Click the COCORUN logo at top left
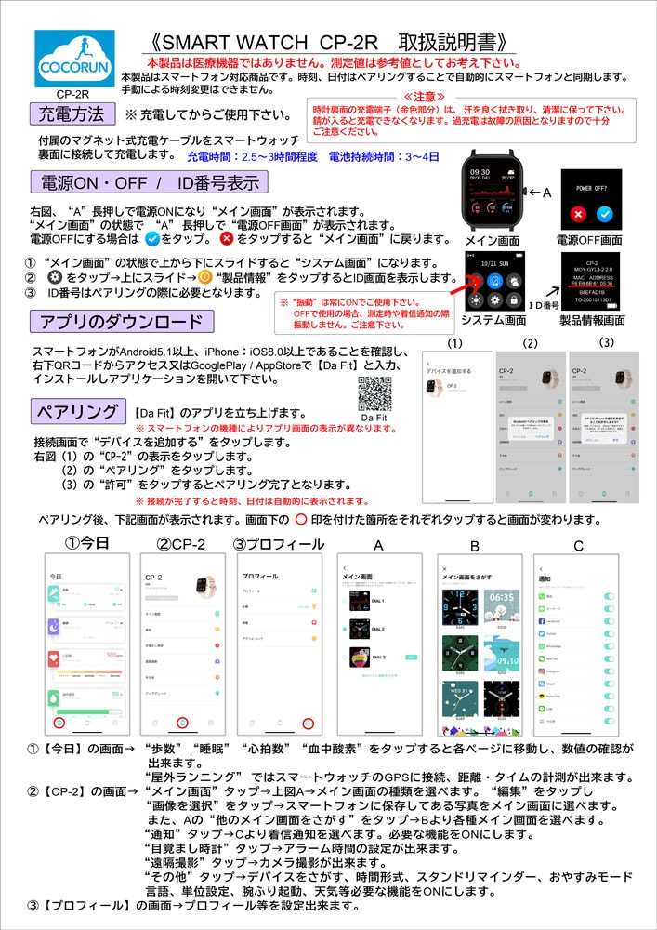(x=74, y=59)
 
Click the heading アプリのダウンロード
(x=119, y=323)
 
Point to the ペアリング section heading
(x=77, y=411)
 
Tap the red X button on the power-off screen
(x=578, y=213)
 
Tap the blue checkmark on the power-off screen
(x=606, y=213)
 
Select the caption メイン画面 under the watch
(x=491, y=240)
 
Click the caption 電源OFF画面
(x=591, y=240)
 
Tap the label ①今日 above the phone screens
(x=87, y=542)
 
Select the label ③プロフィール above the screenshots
(x=278, y=543)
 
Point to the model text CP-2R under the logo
(x=72, y=94)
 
